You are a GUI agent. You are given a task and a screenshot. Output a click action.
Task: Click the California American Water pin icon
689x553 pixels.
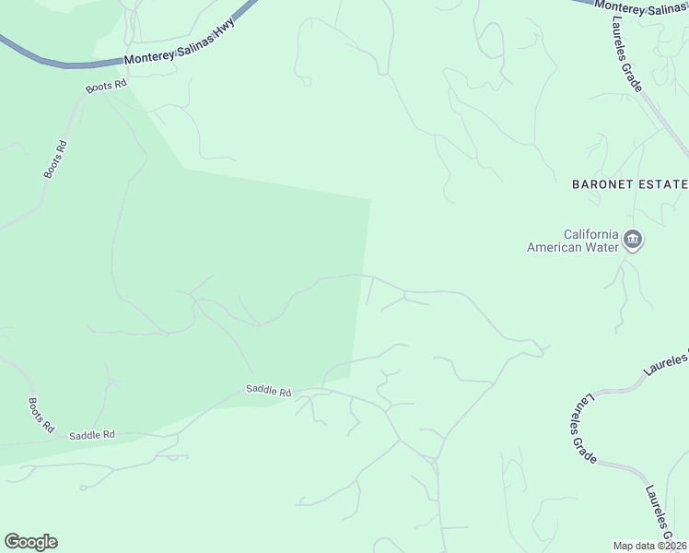point(633,241)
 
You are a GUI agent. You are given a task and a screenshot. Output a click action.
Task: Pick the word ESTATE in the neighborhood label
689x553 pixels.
point(665,184)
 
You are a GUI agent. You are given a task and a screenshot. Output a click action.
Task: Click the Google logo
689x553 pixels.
point(30,542)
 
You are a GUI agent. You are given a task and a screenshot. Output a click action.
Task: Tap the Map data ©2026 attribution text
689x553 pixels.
point(650,546)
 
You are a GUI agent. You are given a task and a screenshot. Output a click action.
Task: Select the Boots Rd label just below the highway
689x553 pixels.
point(106,87)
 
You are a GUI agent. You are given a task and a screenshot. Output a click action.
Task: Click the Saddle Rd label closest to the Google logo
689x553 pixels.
point(91,434)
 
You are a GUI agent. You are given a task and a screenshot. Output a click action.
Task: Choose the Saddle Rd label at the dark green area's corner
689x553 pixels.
point(268,390)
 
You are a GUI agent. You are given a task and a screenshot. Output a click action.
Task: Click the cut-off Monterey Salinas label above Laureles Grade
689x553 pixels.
point(641,7)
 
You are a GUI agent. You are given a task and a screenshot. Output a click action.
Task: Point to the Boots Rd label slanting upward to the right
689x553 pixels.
point(56,159)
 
